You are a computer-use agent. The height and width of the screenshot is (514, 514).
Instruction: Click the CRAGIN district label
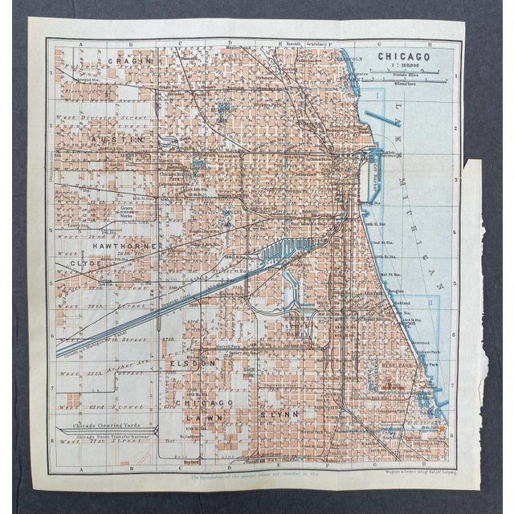[x=128, y=62]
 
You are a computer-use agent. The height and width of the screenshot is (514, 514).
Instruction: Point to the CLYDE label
[x=86, y=263]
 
